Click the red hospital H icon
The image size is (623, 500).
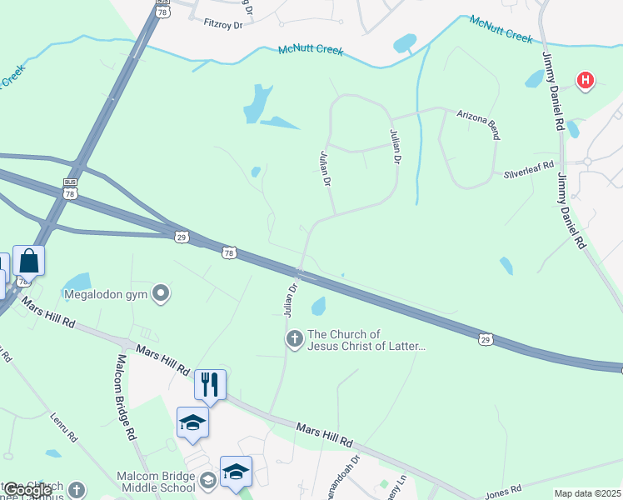(586, 81)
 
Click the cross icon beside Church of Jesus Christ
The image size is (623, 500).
(294, 339)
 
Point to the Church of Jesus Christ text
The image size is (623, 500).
(366, 340)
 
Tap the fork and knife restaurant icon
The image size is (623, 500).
(209, 385)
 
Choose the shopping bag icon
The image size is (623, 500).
(28, 261)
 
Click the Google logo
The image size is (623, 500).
(27, 490)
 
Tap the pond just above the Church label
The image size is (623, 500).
(318, 307)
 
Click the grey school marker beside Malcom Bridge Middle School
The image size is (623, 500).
(207, 480)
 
